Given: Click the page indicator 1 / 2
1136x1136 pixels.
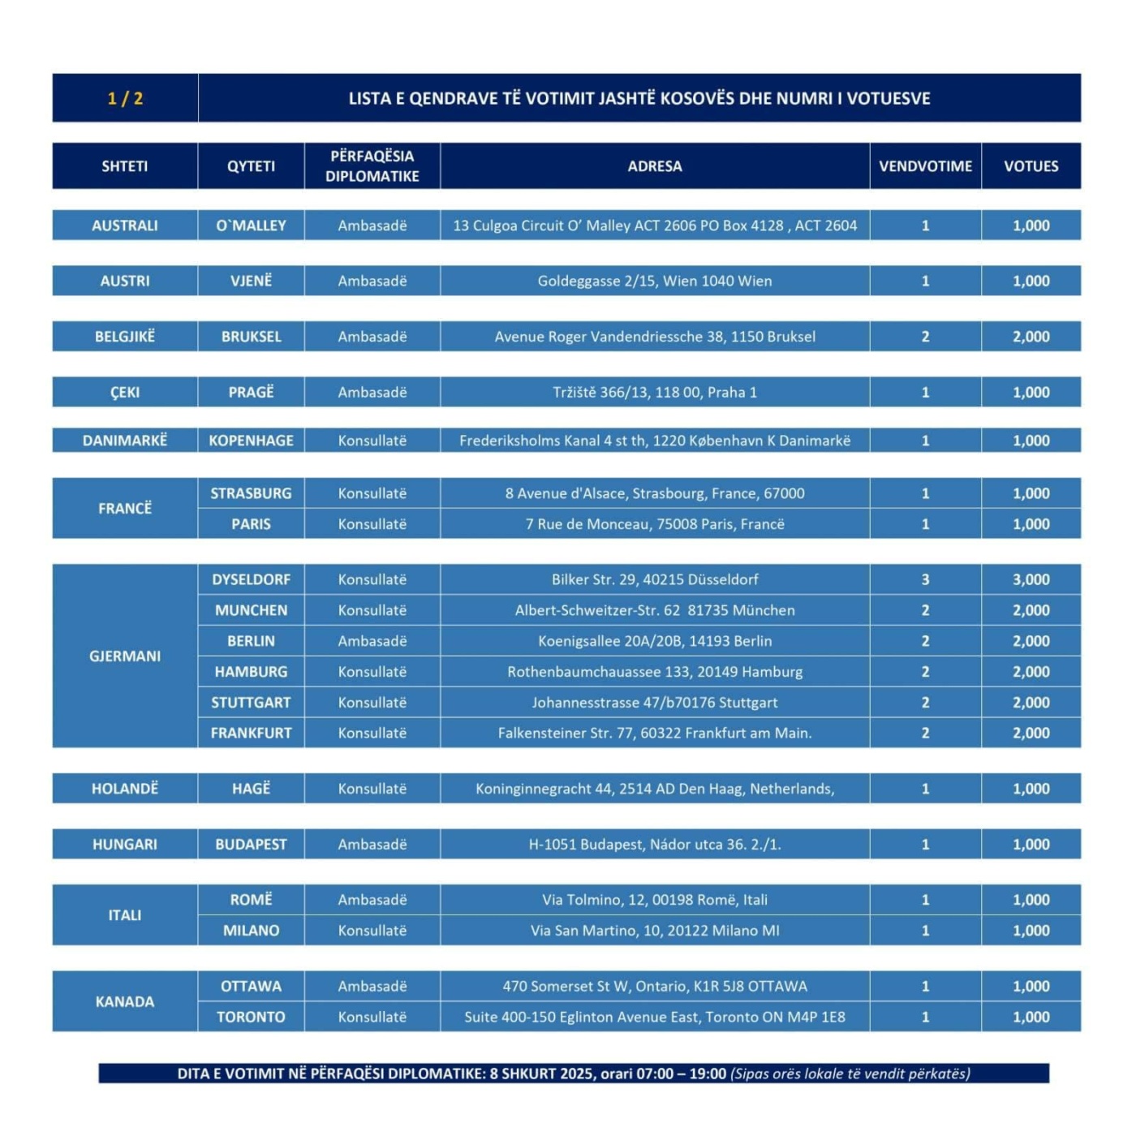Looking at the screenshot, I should [x=125, y=98].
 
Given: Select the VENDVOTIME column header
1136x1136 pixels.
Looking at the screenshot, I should [x=925, y=166].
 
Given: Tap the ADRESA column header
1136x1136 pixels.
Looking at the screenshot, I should [x=655, y=166].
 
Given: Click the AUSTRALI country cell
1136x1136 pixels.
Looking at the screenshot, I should [x=125, y=226].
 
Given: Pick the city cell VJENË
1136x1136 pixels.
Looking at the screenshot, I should [x=251, y=281].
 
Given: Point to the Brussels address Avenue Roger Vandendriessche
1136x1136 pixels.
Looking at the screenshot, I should [x=655, y=337].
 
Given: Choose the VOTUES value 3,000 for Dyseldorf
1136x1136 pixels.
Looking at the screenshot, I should [x=1031, y=579].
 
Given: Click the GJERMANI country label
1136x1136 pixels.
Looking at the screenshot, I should [x=125, y=656].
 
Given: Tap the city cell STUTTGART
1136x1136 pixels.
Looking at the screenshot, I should [x=251, y=703].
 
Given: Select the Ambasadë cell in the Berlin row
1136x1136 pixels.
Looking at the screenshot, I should [x=372, y=641].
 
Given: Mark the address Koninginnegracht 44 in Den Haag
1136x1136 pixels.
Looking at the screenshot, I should [x=655, y=789].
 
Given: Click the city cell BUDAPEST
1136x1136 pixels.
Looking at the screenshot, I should [x=251, y=845].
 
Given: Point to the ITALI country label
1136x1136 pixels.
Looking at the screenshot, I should [x=125, y=915].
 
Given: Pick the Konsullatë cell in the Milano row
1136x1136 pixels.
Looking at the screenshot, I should [x=372, y=931].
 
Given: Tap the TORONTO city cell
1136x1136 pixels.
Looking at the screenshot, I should [x=251, y=1018].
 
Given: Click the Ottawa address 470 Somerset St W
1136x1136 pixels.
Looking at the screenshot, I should [x=655, y=987].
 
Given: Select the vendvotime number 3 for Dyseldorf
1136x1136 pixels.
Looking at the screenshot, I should [x=925, y=579].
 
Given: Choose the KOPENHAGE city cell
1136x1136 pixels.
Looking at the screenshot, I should [x=251, y=441].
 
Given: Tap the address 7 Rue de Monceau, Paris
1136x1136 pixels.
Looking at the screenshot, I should [x=655, y=524].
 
